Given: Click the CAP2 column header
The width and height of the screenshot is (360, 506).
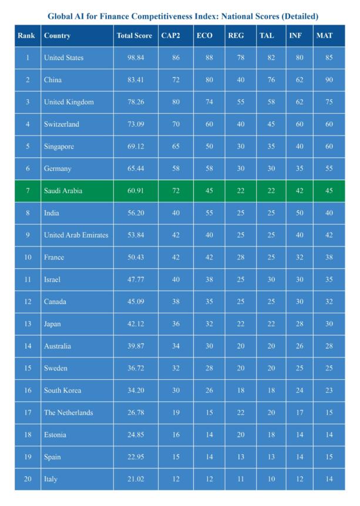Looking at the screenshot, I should [x=170, y=36].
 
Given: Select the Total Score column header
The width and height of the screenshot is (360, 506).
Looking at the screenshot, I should [x=134, y=36].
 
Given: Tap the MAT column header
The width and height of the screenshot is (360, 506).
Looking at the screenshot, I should [x=324, y=36].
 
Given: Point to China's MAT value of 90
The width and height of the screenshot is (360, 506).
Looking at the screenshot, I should [x=329, y=80].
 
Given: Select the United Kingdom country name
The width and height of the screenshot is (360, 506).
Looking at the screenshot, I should [x=69, y=102].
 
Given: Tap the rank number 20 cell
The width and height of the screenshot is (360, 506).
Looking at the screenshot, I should [x=28, y=480].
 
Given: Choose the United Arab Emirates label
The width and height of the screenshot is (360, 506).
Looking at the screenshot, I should [x=76, y=235].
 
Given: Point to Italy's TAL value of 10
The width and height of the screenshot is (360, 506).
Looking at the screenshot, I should [x=270, y=480].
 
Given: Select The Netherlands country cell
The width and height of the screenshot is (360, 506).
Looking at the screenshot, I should [x=68, y=413].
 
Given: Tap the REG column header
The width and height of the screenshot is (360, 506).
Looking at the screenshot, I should [x=235, y=36].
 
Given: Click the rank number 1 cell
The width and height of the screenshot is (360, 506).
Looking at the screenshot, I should [x=28, y=58].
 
